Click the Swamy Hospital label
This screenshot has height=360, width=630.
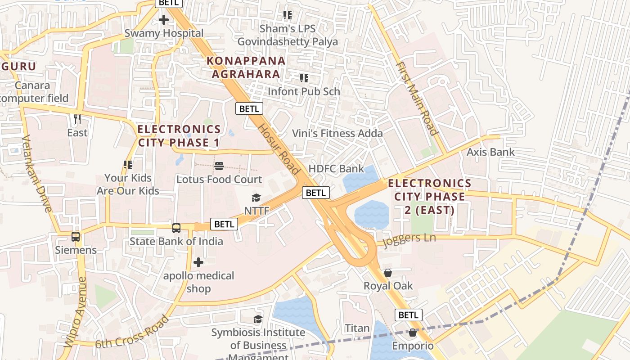coord(164,33)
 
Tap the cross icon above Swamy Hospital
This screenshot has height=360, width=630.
coord(164,20)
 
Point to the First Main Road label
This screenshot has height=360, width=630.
coord(417,99)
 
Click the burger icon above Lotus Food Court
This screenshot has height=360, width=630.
coord(219,166)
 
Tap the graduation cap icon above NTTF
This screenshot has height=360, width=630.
coord(256,198)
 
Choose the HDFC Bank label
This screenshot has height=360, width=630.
coord(336,169)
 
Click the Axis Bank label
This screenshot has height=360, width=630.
coord(490,152)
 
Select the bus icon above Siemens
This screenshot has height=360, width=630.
coord(76,237)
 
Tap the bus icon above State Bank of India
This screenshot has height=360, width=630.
coord(176,228)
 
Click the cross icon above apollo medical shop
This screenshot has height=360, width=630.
coord(198,262)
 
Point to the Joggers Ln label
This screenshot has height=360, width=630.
coord(409,239)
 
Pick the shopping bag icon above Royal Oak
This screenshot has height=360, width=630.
coord(388,273)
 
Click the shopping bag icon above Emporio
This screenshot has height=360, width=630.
coord(413,333)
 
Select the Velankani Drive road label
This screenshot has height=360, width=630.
coord(37,173)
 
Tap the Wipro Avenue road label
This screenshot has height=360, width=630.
coord(75,312)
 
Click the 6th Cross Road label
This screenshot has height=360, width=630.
coord(132,332)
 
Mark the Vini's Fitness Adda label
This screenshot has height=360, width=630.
coord(337,133)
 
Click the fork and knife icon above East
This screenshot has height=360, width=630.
coord(77,119)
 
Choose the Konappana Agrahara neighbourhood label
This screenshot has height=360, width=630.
coord(246,67)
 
